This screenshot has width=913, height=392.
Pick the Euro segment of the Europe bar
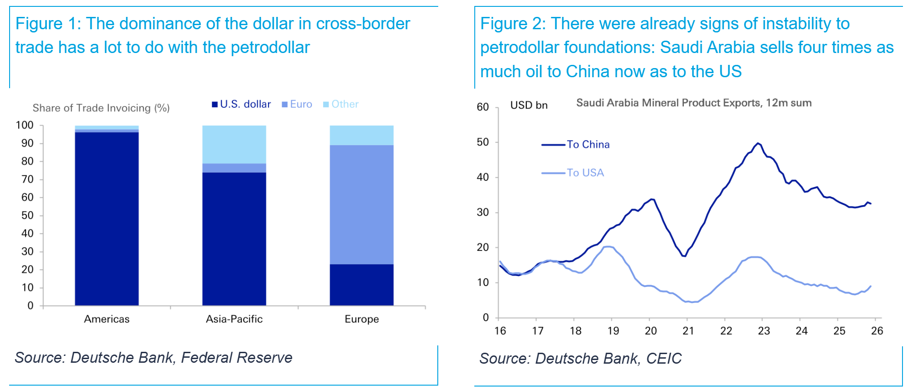pyautogui.click(x=362, y=204)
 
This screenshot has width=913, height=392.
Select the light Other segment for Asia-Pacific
pyautogui.click(x=234, y=144)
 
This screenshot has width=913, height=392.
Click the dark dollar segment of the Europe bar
pyautogui.click(x=362, y=285)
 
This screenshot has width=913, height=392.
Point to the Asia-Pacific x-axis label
pyautogui.click(x=234, y=319)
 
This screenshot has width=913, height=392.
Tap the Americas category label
pyautogui.click(x=107, y=319)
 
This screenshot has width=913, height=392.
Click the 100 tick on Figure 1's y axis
pyautogui.click(x=25, y=125)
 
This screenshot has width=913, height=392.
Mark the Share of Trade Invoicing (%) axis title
pyautogui.click(x=101, y=108)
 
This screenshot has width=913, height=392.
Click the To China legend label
pyautogui.click(x=588, y=144)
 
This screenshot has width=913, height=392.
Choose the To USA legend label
pyautogui.click(x=585, y=173)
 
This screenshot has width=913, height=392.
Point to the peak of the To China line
pyautogui.click(x=758, y=143)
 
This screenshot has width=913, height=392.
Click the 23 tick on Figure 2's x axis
pyautogui.click(x=764, y=331)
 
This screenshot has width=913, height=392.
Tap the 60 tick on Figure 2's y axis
pyautogui.click(x=483, y=107)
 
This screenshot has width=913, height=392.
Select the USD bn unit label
pyautogui.click(x=529, y=105)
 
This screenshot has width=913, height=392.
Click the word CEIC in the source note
pyautogui.click(x=664, y=359)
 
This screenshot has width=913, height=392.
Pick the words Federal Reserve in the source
pyautogui.click(x=236, y=358)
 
